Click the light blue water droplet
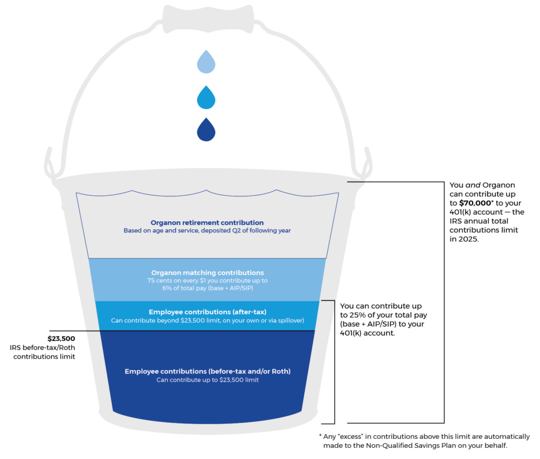[206, 62]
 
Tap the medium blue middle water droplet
[206, 98]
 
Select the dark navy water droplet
[206, 130]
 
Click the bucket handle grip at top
[208, 19]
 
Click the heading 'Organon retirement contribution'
[207, 223]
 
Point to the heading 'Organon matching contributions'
[207, 273]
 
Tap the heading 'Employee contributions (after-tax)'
[207, 312]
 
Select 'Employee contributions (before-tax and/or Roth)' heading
[207, 371]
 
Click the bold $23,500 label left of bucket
[61, 339]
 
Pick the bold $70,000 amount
[475, 203]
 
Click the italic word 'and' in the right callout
[473, 185]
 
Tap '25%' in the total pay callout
[358, 315]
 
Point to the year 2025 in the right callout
[468, 239]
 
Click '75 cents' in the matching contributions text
[160, 280]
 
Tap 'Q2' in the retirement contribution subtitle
[236, 231]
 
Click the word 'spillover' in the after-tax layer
[290, 321]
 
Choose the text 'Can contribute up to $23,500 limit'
[207, 380]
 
